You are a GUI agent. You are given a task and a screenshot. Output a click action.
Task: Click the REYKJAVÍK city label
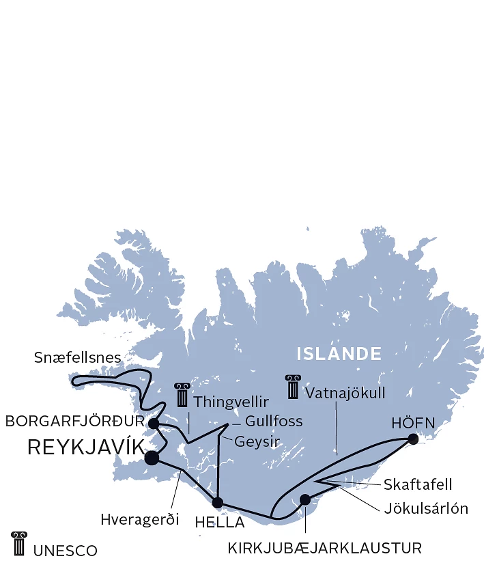click(85, 447)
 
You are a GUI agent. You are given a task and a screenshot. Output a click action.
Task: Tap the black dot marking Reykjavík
click(152, 458)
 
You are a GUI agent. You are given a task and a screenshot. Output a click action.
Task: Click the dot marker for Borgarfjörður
click(154, 424)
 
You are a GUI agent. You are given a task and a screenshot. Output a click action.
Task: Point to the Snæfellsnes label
click(77, 357)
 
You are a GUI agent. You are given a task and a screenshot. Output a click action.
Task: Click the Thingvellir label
click(231, 402)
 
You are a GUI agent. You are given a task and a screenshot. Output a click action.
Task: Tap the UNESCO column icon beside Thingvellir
click(182, 395)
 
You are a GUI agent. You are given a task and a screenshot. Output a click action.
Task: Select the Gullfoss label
click(273, 421)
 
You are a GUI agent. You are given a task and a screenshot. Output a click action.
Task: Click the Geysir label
click(259, 442)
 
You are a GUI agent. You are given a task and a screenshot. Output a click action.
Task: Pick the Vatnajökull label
click(345, 394)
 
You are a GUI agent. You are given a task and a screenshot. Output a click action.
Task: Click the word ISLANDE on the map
click(339, 354)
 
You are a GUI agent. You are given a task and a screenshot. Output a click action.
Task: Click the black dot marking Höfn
click(412, 439)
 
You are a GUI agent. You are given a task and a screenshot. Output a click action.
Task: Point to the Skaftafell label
click(417, 484)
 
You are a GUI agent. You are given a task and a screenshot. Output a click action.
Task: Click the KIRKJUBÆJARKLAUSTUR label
click(324, 548)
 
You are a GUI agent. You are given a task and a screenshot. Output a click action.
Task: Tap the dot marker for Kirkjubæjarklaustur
click(305, 499)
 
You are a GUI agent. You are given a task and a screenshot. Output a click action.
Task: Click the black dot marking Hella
click(218, 503)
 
